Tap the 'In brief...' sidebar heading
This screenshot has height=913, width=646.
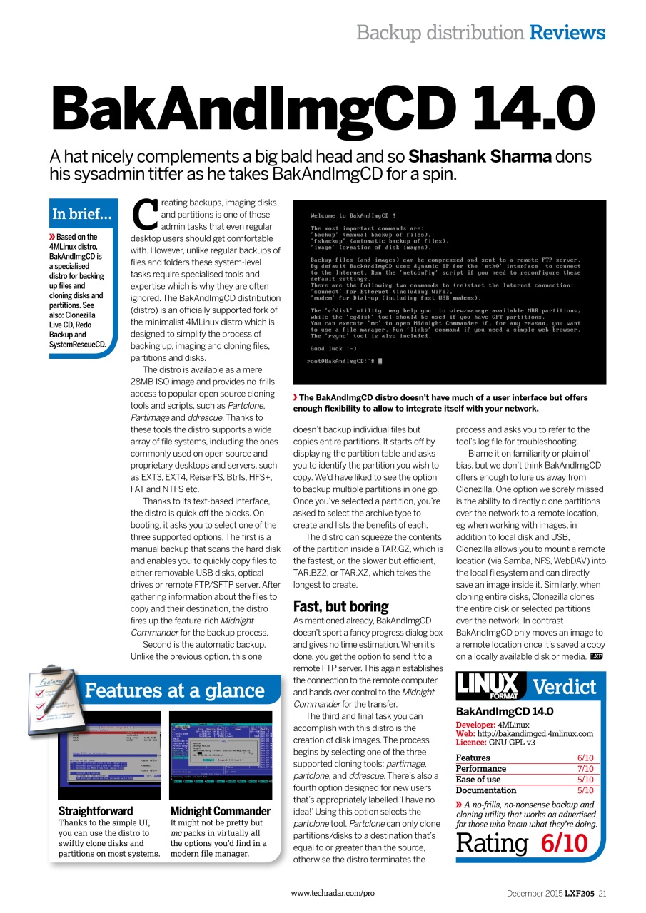tap(81, 214)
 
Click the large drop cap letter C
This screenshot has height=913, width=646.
tap(145, 213)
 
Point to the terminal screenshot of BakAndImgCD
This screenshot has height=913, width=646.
tap(449, 292)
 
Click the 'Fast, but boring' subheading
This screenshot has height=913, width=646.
tap(340, 606)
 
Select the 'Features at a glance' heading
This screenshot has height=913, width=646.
tap(174, 690)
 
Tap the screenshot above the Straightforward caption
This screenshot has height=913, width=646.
tap(109, 754)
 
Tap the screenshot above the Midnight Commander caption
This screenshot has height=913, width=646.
tap(221, 754)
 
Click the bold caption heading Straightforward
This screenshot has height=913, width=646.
tap(96, 811)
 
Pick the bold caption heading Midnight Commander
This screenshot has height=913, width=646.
tap(221, 811)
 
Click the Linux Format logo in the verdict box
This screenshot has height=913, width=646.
tap(490, 686)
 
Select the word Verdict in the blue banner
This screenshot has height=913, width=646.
tap(564, 687)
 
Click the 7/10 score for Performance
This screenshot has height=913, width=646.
tap(585, 768)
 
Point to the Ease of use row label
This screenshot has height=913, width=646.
tap(478, 780)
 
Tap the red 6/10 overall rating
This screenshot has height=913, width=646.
tap(564, 842)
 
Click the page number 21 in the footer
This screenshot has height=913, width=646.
tap(603, 893)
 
